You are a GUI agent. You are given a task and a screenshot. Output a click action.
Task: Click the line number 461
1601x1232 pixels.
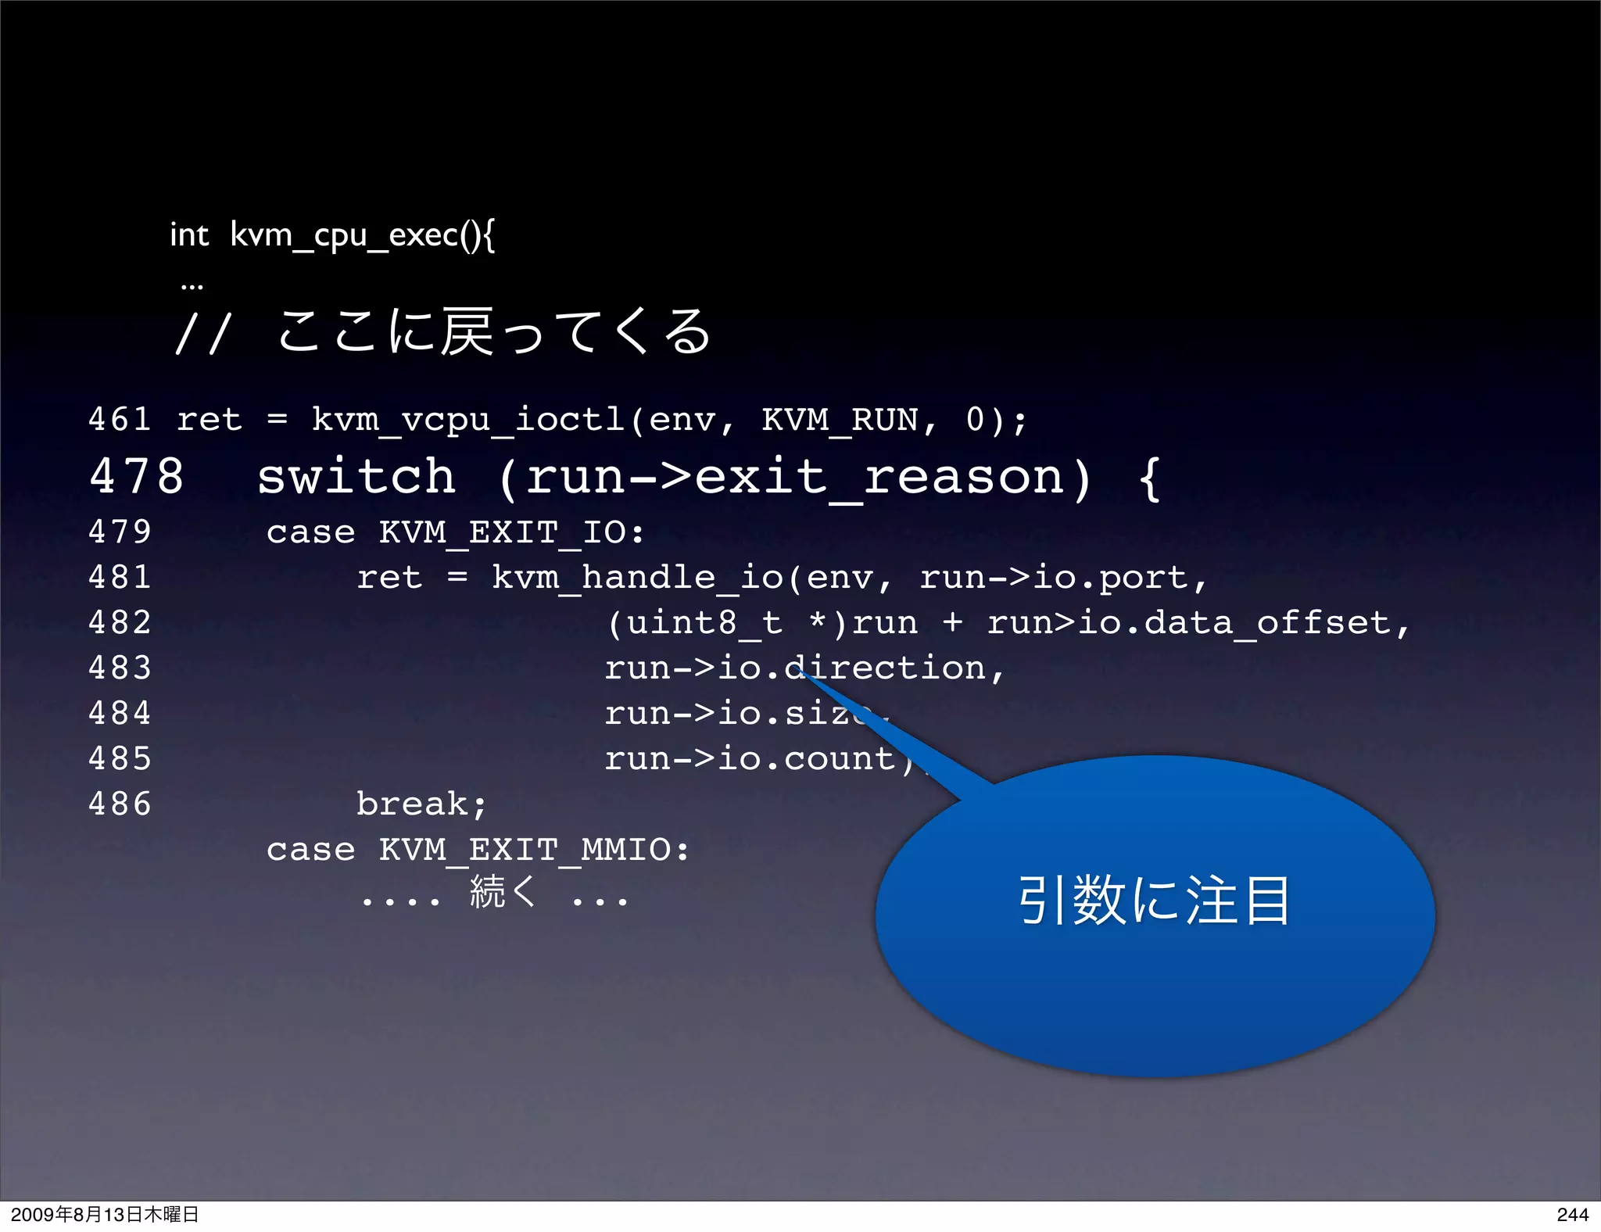click(x=120, y=420)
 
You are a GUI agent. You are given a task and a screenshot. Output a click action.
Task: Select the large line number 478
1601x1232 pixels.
click(x=137, y=476)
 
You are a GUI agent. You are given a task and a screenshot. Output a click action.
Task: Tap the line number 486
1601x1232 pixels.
click(x=120, y=804)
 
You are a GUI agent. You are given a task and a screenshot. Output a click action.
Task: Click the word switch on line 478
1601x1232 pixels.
click(x=356, y=476)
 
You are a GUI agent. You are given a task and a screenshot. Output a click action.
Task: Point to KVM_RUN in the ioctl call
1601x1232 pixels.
click(x=840, y=420)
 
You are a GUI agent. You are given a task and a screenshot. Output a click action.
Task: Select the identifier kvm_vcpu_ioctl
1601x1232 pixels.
click(x=468, y=420)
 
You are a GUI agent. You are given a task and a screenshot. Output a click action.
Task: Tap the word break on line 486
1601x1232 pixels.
click(x=413, y=804)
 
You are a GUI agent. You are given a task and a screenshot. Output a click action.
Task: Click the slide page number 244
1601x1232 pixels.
click(x=1572, y=1214)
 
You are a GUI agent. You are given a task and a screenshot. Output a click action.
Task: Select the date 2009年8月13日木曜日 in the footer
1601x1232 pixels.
click(x=105, y=1214)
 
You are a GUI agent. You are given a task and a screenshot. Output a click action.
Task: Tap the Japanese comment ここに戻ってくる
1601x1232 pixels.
click(x=494, y=331)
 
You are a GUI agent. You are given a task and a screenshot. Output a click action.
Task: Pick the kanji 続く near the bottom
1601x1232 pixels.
click(x=503, y=892)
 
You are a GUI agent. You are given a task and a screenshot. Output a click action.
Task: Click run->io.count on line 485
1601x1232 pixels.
click(x=750, y=758)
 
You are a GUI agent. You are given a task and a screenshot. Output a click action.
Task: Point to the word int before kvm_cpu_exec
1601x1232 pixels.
click(x=189, y=235)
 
